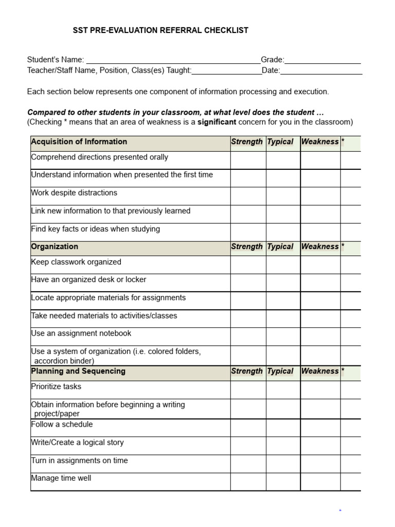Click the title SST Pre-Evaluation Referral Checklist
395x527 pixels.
[161, 30]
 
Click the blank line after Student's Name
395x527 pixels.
[173, 60]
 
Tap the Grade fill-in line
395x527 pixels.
[322, 60]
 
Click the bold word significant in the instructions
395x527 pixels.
[217, 122]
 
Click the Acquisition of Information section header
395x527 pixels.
[79, 142]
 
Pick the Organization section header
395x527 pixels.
[55, 247]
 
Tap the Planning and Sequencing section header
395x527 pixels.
[78, 372]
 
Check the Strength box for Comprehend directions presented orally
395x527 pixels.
[248, 160]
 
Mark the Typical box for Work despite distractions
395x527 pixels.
[283, 196]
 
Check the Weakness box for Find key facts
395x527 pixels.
[320, 232]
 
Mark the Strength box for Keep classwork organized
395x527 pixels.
[248, 265]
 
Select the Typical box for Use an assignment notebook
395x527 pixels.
[283, 337]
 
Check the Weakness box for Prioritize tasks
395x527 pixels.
[320, 390]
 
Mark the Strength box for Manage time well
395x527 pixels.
[248, 481]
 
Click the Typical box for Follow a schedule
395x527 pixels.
[283, 428]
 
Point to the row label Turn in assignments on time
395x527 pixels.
[80, 461]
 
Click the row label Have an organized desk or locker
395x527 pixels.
[89, 280]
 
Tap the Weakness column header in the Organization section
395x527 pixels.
[320, 247]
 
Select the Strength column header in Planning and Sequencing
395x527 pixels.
[247, 372]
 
